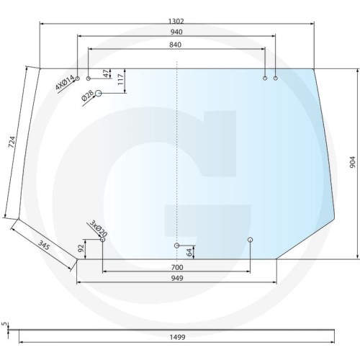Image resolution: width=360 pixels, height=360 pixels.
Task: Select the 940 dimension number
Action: (x=176, y=32)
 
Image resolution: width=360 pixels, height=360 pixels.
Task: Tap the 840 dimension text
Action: (x=176, y=45)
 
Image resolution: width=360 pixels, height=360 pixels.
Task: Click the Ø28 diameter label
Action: (x=88, y=95)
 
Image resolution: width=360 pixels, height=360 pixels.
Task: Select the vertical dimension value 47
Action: (x=107, y=73)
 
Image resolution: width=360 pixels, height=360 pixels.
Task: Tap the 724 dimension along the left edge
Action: (x=12, y=142)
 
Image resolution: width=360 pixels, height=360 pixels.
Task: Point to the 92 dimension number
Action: (x=81, y=249)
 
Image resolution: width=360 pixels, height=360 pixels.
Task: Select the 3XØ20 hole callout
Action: (x=98, y=229)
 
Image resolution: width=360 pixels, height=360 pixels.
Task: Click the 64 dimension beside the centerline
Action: (x=189, y=252)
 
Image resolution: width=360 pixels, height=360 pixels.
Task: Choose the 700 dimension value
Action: (x=176, y=267)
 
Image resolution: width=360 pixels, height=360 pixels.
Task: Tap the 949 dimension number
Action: (x=176, y=278)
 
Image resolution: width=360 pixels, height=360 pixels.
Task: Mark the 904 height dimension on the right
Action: (x=353, y=163)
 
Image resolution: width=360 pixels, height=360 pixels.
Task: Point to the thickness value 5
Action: (x=4, y=325)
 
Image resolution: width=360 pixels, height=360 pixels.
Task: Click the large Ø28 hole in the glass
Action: (x=99, y=94)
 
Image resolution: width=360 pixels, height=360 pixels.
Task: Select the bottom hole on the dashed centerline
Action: (x=177, y=246)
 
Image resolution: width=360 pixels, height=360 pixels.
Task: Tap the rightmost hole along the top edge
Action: (x=275, y=78)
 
